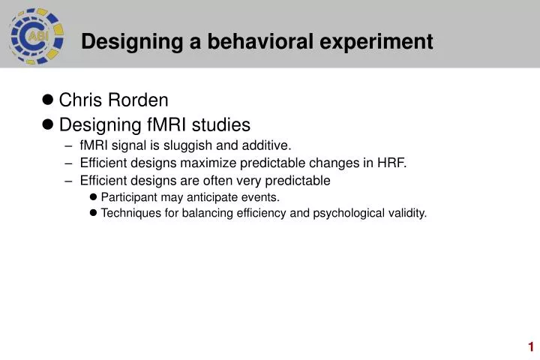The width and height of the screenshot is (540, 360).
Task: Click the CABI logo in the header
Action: coord(37,36)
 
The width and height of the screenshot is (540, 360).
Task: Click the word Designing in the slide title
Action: coord(132,42)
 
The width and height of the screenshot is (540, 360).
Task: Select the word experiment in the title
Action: coord(376,42)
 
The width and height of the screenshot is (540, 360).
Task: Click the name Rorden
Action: coord(138,100)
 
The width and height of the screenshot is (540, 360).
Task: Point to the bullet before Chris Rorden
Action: coord(47,100)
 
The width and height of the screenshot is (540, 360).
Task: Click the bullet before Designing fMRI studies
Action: coord(47,124)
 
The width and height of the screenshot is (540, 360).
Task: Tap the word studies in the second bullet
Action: coord(220,124)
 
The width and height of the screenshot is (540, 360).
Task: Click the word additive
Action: coord(266,145)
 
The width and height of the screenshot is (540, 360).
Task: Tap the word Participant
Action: coord(129,198)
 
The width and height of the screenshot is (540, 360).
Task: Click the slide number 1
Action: coord(531,346)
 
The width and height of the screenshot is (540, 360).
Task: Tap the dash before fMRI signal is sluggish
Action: coord(68,146)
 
